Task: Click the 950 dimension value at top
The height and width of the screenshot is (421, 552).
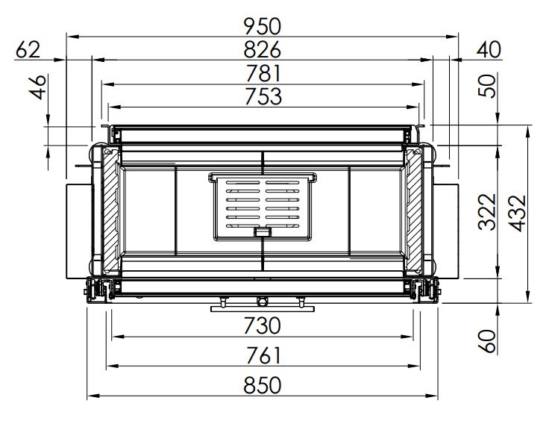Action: pyautogui.click(x=263, y=27)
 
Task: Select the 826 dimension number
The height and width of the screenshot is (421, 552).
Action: pyautogui.click(x=263, y=50)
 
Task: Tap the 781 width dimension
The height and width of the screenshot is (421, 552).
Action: pyautogui.click(x=263, y=73)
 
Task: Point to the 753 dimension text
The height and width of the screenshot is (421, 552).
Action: pyautogui.click(x=263, y=96)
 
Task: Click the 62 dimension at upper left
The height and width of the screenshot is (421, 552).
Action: pyautogui.click(x=28, y=50)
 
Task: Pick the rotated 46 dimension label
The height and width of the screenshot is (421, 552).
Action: pyautogui.click(x=37, y=87)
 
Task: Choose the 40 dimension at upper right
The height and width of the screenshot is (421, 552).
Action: pyautogui.click(x=489, y=50)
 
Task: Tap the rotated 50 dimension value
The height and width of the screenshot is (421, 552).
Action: pyautogui.click(x=487, y=87)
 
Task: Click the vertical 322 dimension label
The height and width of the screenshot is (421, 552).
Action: pyautogui.click(x=487, y=212)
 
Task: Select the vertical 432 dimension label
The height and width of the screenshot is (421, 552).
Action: pyautogui.click(x=518, y=213)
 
